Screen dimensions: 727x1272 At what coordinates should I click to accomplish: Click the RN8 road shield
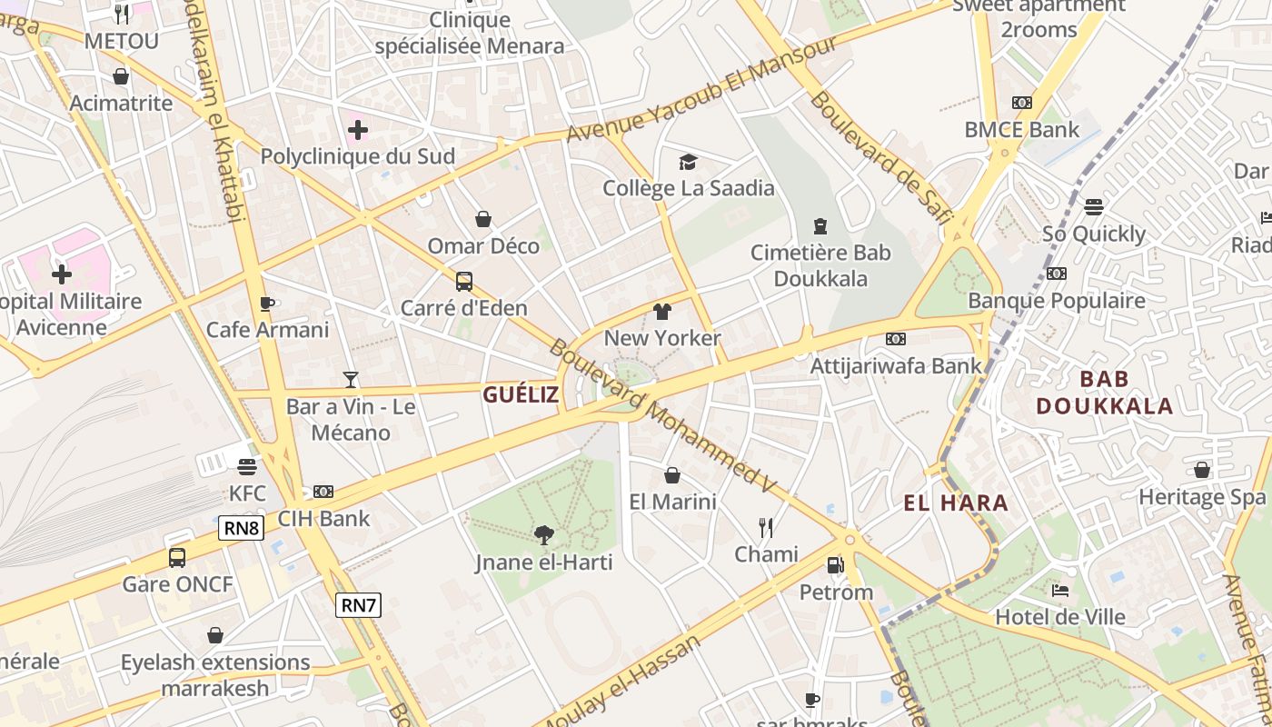(241, 528)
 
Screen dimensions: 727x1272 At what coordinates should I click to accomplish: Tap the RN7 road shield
(358, 605)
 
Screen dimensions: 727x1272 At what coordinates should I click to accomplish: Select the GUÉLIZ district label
(521, 394)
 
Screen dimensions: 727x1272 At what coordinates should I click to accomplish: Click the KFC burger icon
(246, 467)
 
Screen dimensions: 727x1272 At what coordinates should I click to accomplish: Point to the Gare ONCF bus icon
(177, 557)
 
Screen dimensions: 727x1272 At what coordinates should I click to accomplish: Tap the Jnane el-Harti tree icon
(543, 535)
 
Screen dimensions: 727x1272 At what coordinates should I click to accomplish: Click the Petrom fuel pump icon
(835, 565)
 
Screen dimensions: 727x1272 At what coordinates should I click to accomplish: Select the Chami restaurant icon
(766, 527)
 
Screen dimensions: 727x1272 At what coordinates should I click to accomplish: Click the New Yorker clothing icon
(662, 312)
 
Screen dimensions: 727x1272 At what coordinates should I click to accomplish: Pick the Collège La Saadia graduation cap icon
(688, 162)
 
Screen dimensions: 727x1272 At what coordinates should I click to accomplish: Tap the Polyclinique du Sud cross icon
(358, 130)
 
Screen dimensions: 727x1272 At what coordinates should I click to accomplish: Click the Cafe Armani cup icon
(267, 304)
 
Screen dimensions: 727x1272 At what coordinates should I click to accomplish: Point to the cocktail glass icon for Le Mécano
(351, 380)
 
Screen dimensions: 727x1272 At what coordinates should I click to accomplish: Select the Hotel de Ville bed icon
(1059, 591)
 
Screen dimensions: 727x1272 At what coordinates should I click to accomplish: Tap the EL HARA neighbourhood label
(956, 503)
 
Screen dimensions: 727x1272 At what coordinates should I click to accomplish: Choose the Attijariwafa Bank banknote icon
(896, 339)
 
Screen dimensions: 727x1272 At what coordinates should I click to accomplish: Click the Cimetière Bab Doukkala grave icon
(820, 226)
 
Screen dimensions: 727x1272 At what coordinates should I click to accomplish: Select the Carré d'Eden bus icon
(464, 282)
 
